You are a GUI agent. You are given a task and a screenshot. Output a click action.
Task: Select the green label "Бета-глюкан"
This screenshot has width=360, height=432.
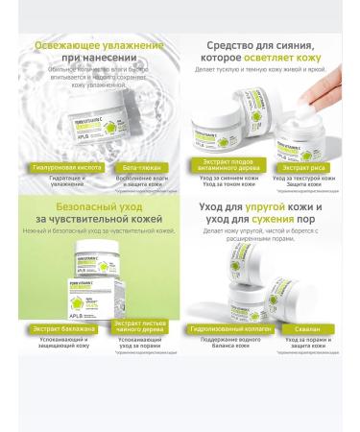click(x=132, y=166)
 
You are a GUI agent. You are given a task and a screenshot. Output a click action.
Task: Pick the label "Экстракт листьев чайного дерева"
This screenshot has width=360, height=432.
click(x=132, y=354)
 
